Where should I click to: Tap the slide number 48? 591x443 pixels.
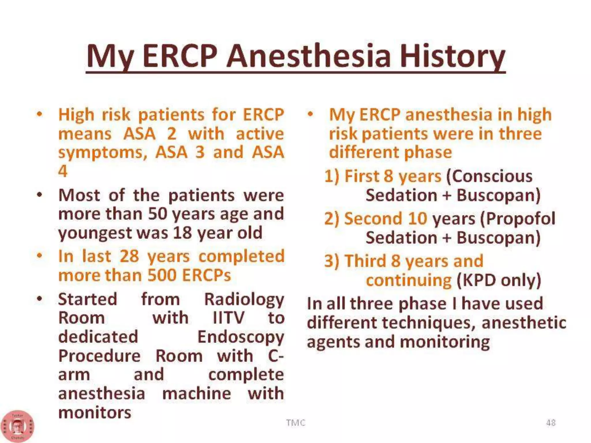(551, 423)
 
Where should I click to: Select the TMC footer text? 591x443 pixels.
(295, 423)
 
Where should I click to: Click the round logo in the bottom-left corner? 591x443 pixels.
(17, 426)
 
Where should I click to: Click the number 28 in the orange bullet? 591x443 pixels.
(129, 256)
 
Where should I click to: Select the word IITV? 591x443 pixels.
(228, 318)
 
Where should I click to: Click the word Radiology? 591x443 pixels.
(244, 299)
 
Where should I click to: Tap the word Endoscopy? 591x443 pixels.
(241, 337)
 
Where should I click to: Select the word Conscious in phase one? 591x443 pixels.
(489, 176)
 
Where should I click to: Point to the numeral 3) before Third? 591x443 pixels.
(332, 261)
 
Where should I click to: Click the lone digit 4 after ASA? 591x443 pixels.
(63, 171)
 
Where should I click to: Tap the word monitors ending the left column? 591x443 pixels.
(95, 412)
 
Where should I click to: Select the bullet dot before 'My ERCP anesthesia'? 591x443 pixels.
(310, 114)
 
